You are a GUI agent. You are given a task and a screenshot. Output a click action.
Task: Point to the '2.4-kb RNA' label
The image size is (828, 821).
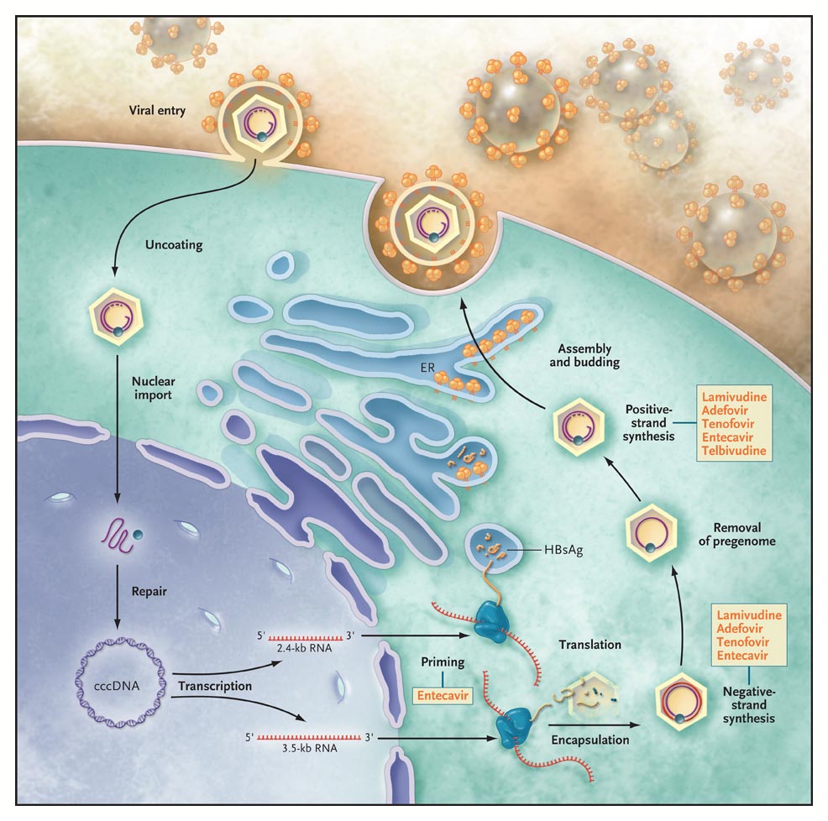301,649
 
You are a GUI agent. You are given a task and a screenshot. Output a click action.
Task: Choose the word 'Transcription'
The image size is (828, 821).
215,686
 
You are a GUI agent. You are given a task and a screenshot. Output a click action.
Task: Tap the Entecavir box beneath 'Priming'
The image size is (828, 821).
443,694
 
